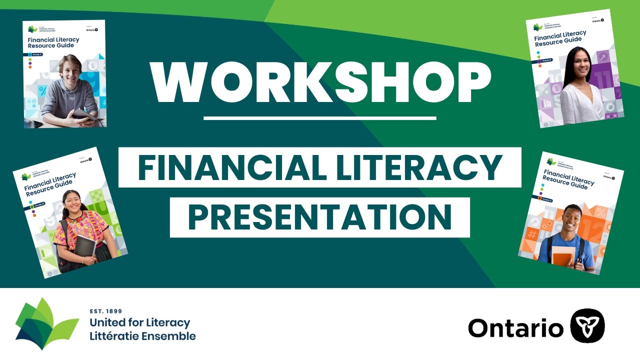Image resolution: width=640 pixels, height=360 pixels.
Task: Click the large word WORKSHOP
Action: [x=320, y=82]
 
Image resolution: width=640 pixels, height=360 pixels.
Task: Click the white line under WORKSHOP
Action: [x=320, y=118]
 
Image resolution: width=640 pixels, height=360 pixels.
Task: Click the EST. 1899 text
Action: [x=105, y=311]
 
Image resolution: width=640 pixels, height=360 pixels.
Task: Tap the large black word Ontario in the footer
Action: [x=515, y=328]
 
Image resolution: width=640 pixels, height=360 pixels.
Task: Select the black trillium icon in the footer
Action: [x=587, y=325]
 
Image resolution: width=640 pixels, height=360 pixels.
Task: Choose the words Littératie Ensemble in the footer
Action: [x=142, y=335]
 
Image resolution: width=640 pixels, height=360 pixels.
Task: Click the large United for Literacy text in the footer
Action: [x=139, y=322]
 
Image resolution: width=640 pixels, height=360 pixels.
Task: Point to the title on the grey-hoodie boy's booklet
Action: [x=50, y=42]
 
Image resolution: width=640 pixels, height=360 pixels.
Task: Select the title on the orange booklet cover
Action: [x=568, y=179]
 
